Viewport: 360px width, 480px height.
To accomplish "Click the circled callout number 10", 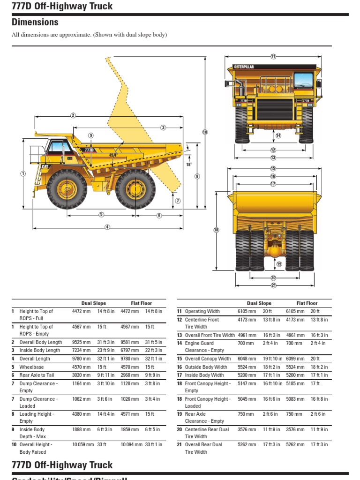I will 205,132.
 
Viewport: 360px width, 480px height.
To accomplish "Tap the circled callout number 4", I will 107,227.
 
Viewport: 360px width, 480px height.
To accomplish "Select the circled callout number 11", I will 273,56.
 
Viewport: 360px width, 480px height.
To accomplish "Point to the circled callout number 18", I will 216,230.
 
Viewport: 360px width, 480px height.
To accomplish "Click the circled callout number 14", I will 278,135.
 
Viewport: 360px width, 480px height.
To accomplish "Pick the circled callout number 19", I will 279,264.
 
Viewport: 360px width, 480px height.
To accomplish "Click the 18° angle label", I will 189,164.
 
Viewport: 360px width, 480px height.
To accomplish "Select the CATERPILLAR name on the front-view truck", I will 244,67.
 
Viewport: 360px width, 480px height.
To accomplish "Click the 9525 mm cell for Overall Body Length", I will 81,343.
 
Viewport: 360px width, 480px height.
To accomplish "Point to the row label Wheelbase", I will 31,367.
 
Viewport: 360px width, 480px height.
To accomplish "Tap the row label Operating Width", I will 202,311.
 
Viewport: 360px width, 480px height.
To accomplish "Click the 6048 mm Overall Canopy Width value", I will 247,359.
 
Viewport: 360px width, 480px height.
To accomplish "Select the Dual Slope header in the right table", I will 259,303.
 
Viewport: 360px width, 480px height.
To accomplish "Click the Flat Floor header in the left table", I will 141,303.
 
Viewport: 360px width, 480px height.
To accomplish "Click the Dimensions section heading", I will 35,22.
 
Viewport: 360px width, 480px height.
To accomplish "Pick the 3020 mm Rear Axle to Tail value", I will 81,375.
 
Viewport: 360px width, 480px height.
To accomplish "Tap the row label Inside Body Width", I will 204,375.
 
